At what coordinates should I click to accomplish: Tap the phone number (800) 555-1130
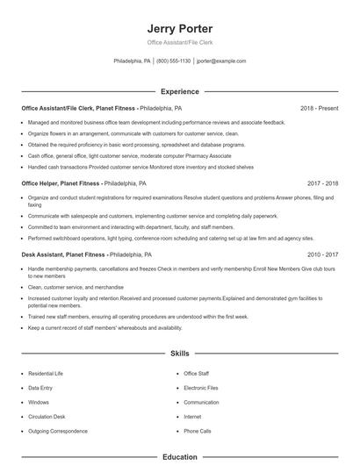tap(173, 61)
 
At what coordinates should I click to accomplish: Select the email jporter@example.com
tap(221, 61)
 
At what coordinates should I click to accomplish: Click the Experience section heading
tap(180, 91)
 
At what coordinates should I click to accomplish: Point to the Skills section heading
tap(180, 354)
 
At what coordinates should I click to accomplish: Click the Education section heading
tap(180, 457)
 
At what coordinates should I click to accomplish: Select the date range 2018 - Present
tap(319, 108)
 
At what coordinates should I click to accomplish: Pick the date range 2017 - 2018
tap(322, 183)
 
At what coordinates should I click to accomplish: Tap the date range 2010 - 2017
tap(322, 254)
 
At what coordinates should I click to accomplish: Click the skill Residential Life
tap(45, 374)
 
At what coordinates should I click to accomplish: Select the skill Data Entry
tap(40, 388)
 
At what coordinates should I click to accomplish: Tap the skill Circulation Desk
tap(46, 417)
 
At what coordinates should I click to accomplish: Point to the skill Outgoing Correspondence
tap(57, 431)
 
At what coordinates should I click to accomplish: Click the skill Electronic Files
tap(201, 388)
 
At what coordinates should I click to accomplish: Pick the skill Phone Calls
tap(198, 431)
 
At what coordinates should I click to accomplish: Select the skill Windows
tap(39, 402)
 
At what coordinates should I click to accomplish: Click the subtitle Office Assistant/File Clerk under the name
tap(180, 42)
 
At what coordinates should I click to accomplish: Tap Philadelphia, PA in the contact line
tap(133, 61)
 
